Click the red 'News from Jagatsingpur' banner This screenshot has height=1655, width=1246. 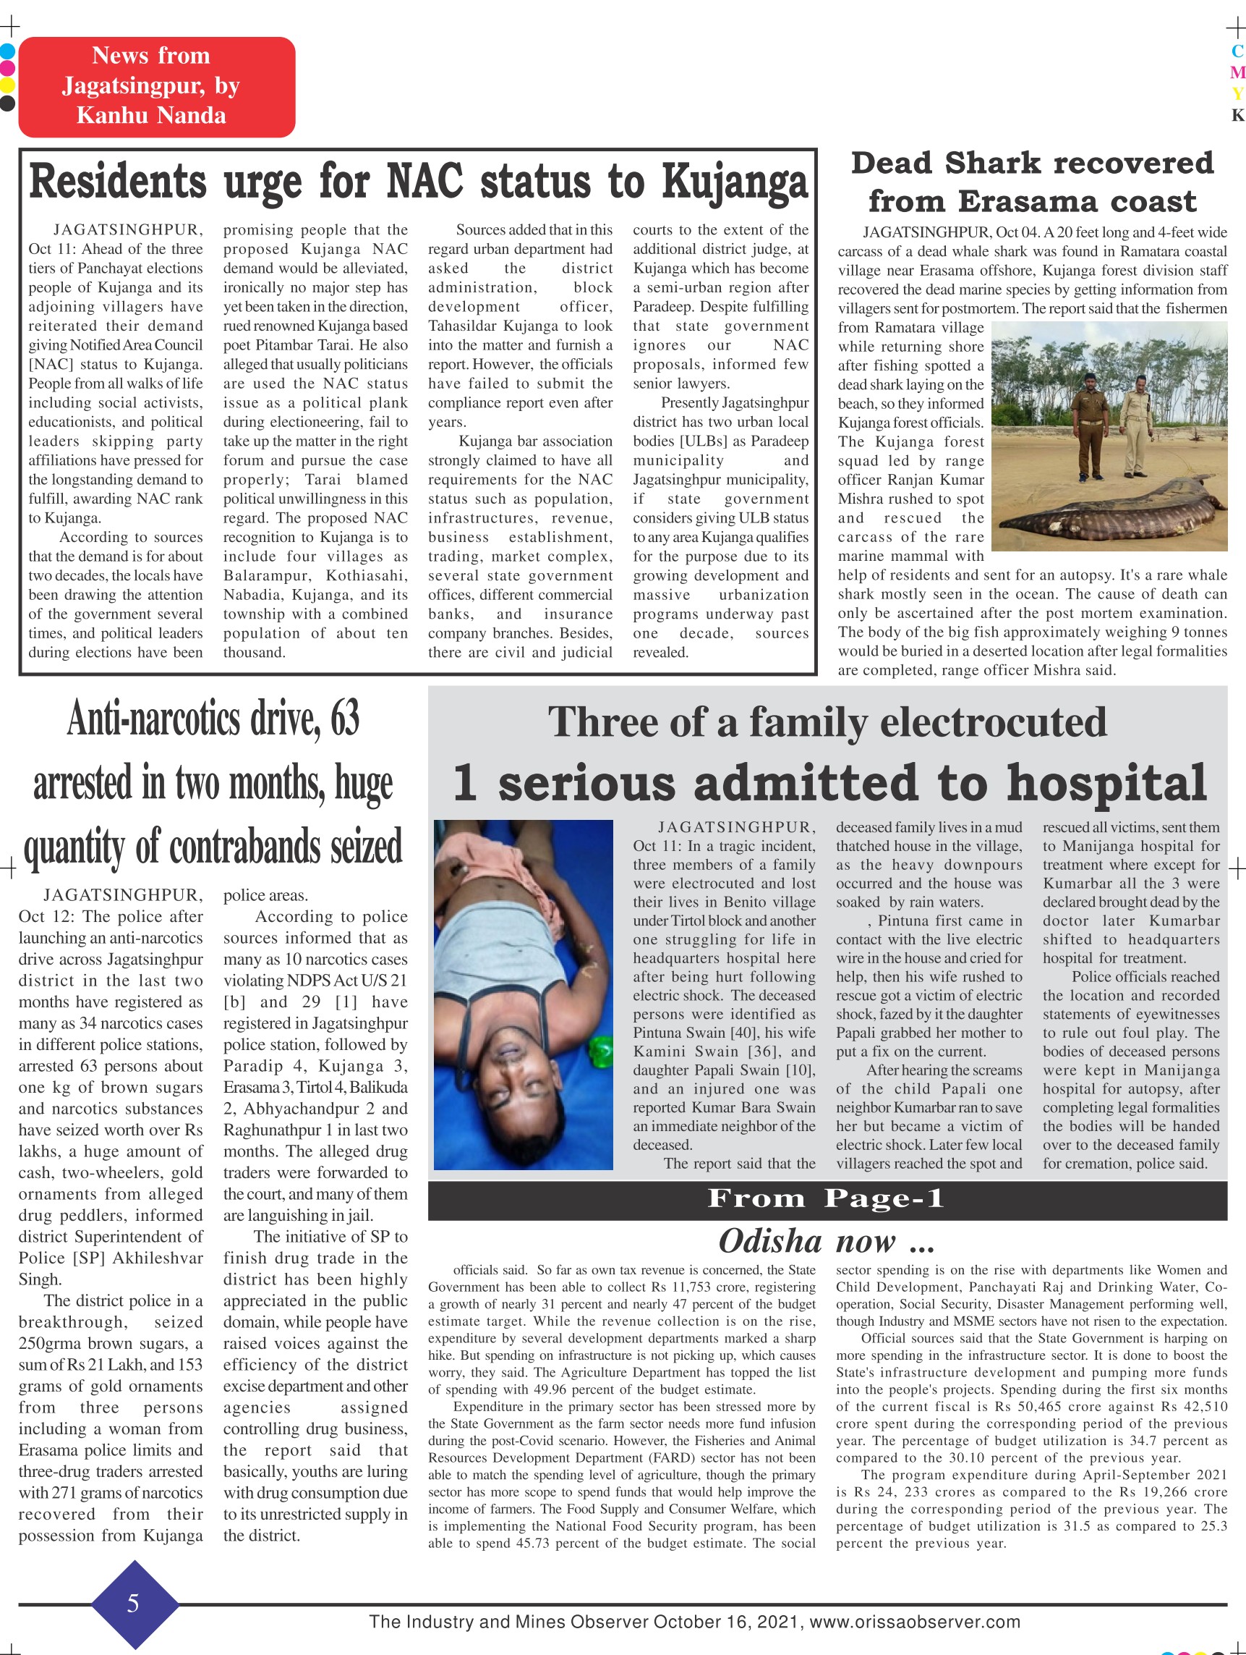tap(156, 86)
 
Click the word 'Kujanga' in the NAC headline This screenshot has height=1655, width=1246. tap(735, 183)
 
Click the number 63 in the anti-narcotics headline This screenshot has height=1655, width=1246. tap(344, 719)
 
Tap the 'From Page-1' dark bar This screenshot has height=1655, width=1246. tap(827, 1198)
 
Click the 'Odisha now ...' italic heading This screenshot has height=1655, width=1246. tap(827, 1241)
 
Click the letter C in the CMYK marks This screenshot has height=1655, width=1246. tap(1237, 51)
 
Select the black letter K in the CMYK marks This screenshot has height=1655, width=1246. tap(1237, 115)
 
